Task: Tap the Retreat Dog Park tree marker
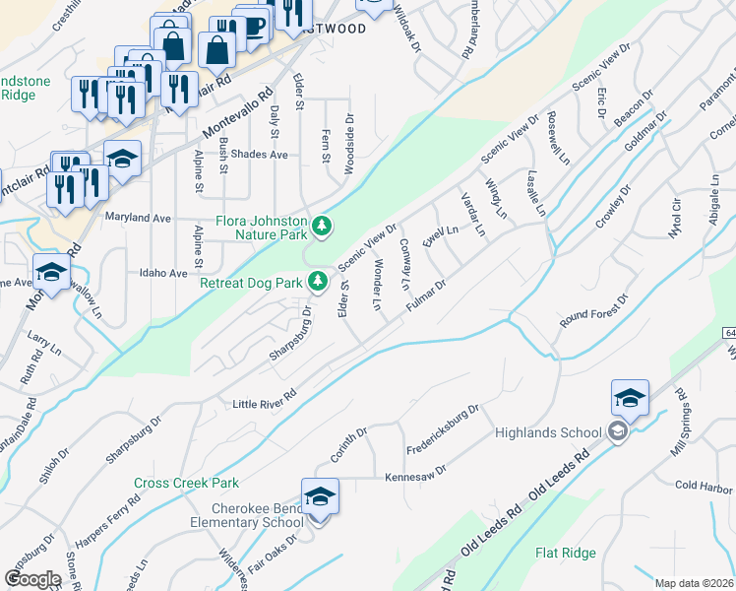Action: (318, 283)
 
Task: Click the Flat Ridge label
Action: (566, 554)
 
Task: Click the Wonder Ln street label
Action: (377, 285)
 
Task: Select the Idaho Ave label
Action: (163, 273)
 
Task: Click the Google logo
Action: (32, 579)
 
